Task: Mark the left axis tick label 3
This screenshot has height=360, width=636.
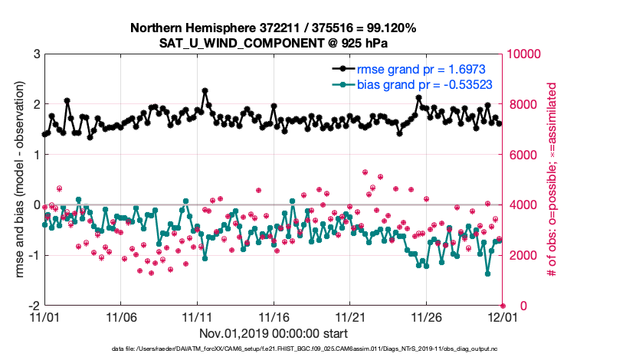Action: pos(35,54)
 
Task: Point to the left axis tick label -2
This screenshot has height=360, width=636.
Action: pos(33,306)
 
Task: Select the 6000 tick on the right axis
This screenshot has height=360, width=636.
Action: pos(521,155)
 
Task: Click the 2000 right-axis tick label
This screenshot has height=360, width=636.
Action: pos(521,255)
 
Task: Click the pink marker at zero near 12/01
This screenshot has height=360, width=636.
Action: pos(503,306)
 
